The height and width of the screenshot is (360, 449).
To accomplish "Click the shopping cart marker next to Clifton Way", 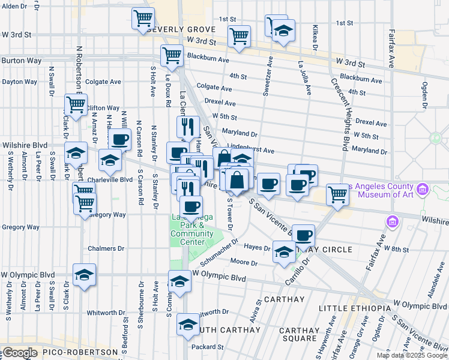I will [x=76, y=104].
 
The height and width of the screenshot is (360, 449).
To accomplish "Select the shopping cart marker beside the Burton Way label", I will [x=172, y=55].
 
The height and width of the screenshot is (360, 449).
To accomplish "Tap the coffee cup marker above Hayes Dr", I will [x=304, y=233].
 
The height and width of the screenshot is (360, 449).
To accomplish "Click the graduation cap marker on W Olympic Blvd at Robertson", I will [x=84, y=274].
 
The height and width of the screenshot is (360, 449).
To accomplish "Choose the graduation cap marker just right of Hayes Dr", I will [x=284, y=250].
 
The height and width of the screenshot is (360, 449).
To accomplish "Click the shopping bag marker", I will [x=237, y=179].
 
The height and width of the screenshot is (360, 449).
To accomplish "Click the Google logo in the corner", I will [x=20, y=353].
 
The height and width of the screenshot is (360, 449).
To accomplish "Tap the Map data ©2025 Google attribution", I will [x=411, y=355].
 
